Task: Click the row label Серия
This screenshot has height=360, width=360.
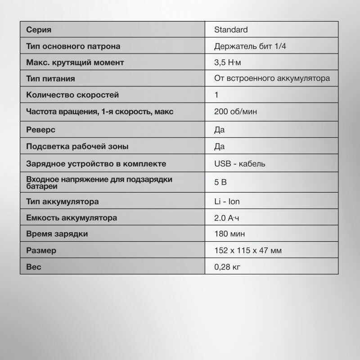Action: coord(39,30)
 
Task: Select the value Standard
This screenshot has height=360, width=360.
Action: coord(232,30)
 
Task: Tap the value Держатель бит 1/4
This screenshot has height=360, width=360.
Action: coord(250,46)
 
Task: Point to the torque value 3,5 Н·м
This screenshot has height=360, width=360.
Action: coord(231,63)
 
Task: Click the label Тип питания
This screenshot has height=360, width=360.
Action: coord(50,79)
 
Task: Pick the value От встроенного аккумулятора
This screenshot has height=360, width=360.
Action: coord(273,79)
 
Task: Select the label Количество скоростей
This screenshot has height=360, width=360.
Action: coord(72,95)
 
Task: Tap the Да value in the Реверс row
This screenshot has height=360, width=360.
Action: coord(220,130)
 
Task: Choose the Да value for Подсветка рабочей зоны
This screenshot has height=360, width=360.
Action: coord(220,146)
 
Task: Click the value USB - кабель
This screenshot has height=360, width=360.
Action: coord(240,163)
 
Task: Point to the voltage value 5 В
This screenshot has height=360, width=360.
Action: coord(221,183)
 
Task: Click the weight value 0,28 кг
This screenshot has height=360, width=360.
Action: coord(228,267)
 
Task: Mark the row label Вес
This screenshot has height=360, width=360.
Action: coord(34,267)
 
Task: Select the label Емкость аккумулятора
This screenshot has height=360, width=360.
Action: coord(72,218)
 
